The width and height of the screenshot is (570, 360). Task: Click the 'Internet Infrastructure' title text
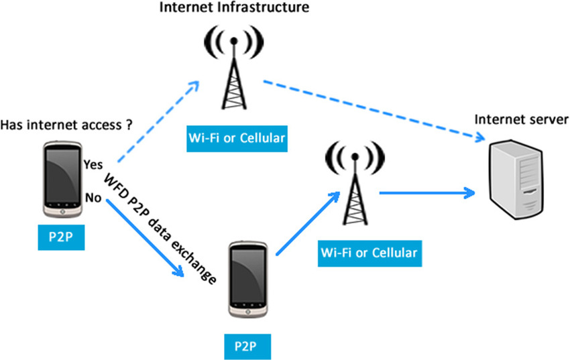pyautogui.click(x=234, y=7)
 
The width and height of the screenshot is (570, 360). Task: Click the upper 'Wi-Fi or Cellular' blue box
pyautogui.click(x=237, y=138)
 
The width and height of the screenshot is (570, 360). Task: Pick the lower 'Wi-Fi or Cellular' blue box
pyautogui.click(x=369, y=253)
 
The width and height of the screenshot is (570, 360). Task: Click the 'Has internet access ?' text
pyautogui.click(x=66, y=125)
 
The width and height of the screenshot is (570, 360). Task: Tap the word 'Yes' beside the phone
pyautogui.click(x=93, y=164)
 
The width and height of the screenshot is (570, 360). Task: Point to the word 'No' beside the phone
pyautogui.click(x=93, y=198)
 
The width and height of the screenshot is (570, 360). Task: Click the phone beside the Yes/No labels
pyautogui.click(x=62, y=180)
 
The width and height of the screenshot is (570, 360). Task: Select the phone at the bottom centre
pyautogui.click(x=248, y=280)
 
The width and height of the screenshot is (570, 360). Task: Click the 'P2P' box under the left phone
pyautogui.click(x=61, y=237)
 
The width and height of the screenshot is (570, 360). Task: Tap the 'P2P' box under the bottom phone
pyautogui.click(x=247, y=347)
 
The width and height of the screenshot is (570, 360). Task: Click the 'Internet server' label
pyautogui.click(x=522, y=119)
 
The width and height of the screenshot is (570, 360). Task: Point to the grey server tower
pyautogui.click(x=516, y=180)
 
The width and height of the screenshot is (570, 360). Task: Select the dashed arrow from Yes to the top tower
pyautogui.click(x=159, y=122)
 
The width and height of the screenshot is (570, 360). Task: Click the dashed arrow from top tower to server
pyautogui.click(x=374, y=110)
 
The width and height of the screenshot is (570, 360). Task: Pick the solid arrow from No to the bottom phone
pyautogui.click(x=145, y=237)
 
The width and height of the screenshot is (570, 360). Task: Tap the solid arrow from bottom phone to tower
pyautogui.click(x=308, y=223)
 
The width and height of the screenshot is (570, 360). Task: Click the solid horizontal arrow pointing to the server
pyautogui.click(x=428, y=193)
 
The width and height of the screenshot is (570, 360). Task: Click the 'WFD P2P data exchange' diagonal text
pyautogui.click(x=160, y=229)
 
